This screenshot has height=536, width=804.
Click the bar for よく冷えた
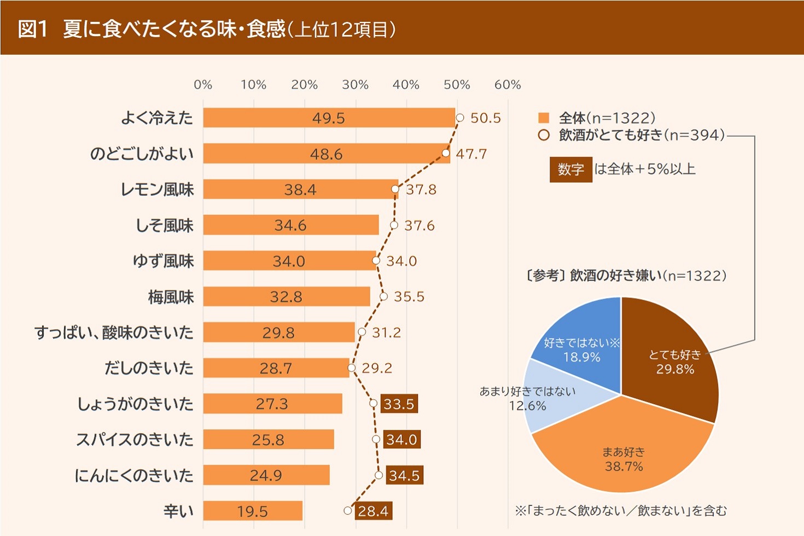pos(329,118)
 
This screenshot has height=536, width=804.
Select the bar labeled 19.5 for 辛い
pos(253,511)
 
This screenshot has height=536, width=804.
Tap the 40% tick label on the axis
pos(406,85)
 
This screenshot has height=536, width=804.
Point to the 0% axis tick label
pos(203,85)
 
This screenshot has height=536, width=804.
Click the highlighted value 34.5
pos(404,475)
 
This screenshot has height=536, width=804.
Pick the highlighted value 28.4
pos(373,511)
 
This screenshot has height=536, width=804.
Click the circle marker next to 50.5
pos(460,118)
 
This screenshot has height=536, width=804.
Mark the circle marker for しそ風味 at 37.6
pos(394,225)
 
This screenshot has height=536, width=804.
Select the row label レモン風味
pos(158,189)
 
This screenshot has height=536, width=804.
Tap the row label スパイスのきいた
pos(135,439)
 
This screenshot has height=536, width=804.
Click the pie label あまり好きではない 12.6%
pos(527,399)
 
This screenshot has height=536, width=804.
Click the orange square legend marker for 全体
pos(544,118)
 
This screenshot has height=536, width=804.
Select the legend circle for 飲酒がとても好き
pos(544,135)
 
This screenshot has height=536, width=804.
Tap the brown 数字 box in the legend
pos(571,170)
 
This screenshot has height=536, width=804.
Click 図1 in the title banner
pos(33,28)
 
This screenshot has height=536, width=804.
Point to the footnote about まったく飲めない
pos(621,511)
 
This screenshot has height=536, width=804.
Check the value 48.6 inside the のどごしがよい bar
pos(327,154)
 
